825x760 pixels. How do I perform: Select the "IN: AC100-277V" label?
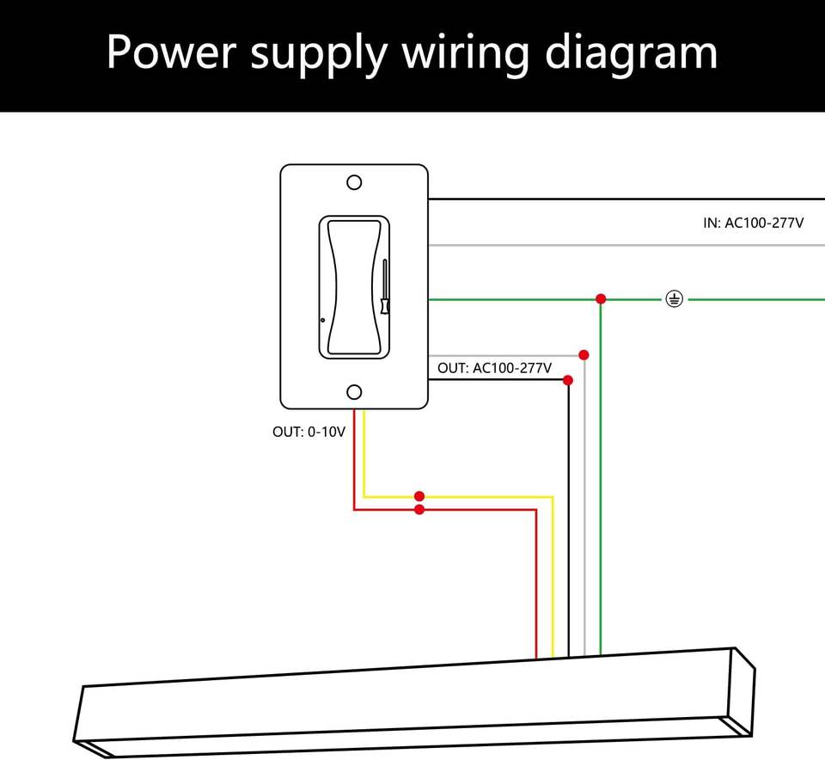coord(754,224)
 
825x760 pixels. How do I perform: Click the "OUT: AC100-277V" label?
coord(494,368)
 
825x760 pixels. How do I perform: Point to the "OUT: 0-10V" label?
coord(309,432)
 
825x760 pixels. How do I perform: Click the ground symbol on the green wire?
coord(675,299)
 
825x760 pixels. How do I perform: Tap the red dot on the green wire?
coord(601,298)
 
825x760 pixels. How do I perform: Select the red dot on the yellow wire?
coord(419,496)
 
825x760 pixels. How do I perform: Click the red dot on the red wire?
coord(419,510)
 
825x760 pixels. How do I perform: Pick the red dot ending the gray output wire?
coord(584,355)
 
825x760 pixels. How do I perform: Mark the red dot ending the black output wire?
coord(568,379)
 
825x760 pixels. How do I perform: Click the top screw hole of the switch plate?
coord(354,182)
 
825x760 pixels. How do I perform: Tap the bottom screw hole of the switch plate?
coord(354,392)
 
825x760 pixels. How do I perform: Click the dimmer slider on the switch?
coord(383,291)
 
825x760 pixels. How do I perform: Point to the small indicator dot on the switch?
coord(323,320)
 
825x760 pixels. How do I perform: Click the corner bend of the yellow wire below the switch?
coord(364,496)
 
